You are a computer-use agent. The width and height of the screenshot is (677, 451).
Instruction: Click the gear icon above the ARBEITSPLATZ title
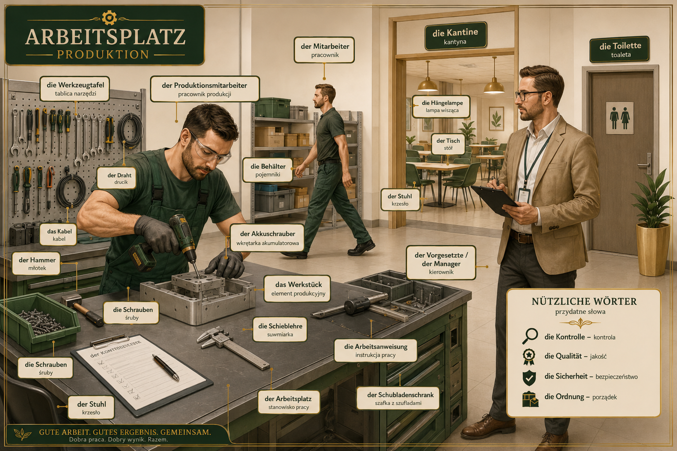[109, 18]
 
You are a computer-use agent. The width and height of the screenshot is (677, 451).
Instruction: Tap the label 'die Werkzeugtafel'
[75, 89]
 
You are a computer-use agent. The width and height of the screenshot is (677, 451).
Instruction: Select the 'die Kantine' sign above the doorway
[455, 36]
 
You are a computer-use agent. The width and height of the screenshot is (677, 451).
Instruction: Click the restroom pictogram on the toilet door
[620, 118]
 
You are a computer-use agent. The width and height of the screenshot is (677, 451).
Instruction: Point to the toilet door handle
[646, 164]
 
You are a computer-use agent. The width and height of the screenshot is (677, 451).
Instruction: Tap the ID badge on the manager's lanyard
[524, 196]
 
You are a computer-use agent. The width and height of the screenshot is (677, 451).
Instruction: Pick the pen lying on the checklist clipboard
[166, 367]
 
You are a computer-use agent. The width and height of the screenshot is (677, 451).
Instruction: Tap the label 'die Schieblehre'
[280, 329]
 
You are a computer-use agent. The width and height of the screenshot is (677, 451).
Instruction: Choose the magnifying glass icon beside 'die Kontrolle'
[530, 336]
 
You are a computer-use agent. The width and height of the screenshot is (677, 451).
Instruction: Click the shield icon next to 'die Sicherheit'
[529, 377]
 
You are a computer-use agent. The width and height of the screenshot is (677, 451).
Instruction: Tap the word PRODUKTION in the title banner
[103, 55]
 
